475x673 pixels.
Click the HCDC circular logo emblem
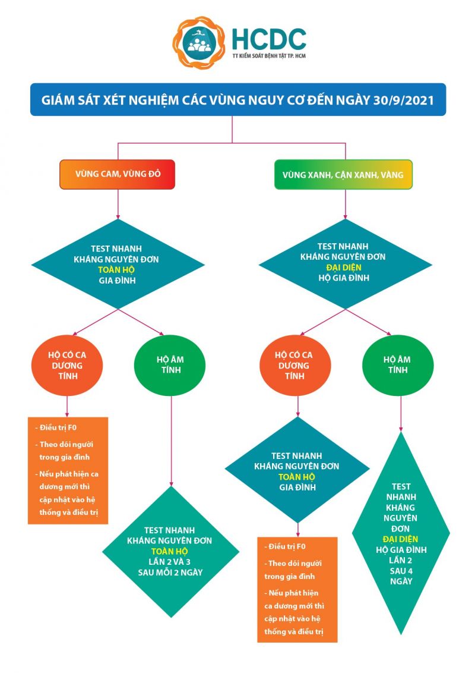(199, 43)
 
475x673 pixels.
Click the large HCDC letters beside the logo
(268, 38)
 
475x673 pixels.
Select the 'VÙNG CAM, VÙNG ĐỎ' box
(118, 175)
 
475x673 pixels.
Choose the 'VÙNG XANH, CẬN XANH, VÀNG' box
(343, 175)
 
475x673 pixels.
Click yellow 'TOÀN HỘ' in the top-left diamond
(117, 269)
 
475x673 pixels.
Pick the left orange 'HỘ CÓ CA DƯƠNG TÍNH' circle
(66, 365)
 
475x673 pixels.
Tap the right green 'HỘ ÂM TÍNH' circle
(398, 365)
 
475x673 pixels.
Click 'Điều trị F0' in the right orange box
(287, 546)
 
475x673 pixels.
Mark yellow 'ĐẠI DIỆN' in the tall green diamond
(401, 539)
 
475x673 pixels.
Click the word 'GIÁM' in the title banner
(56, 99)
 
